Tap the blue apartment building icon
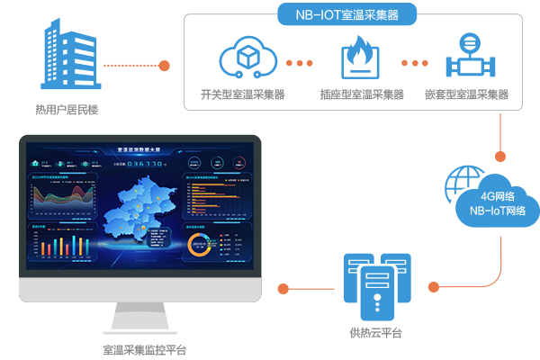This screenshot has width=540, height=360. pyautogui.click(x=67, y=60)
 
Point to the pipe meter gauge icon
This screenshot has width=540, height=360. pyautogui.click(x=467, y=58)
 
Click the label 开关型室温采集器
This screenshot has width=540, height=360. pyautogui.click(x=242, y=94)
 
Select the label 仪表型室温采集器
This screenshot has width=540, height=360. pyautogui.click(x=467, y=94)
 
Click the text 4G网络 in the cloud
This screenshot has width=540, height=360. pyautogui.click(x=498, y=196)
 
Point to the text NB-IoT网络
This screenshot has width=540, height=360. pyautogui.click(x=498, y=211)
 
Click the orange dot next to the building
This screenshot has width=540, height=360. pyautogui.click(x=165, y=65)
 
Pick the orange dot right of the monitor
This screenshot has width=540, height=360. pyautogui.click(x=283, y=289)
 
